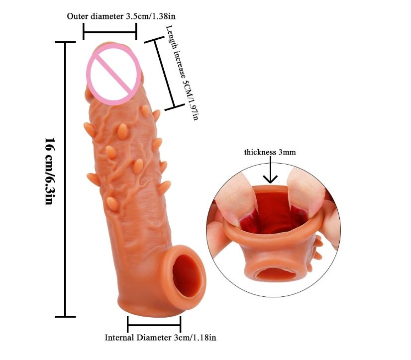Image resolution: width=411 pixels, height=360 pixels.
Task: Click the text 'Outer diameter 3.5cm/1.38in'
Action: pos(121,16)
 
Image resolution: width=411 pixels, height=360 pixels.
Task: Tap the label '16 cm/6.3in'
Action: pos(49,172)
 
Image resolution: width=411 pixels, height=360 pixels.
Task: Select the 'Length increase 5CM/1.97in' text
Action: pos(182,72)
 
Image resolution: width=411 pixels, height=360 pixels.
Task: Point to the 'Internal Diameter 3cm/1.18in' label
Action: pos(160,338)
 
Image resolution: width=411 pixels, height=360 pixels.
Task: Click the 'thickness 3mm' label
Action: pos(270,152)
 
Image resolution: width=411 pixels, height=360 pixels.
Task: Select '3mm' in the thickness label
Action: pos(288,152)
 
